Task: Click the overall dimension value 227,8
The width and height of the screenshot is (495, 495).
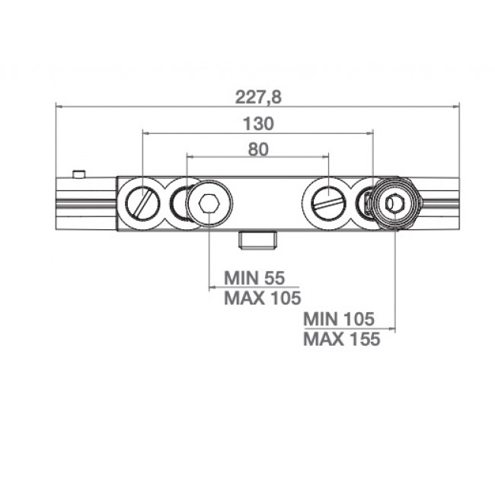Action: (258, 97)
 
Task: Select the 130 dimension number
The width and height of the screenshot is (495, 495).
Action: (258, 123)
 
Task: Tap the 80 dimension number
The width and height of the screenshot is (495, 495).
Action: (258, 149)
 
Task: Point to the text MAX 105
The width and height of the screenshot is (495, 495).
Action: (262, 298)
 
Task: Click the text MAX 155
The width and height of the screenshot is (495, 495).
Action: (341, 339)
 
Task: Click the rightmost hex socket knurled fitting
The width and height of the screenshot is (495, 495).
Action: (394, 203)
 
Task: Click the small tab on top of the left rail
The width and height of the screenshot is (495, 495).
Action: (78, 174)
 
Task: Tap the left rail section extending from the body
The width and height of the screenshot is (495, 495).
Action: (86, 203)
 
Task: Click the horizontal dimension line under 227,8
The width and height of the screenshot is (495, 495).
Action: (258, 107)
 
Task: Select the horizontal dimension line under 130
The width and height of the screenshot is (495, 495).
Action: (258, 133)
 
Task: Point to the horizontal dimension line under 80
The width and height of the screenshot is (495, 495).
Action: (258, 158)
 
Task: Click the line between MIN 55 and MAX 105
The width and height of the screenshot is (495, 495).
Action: (254, 288)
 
